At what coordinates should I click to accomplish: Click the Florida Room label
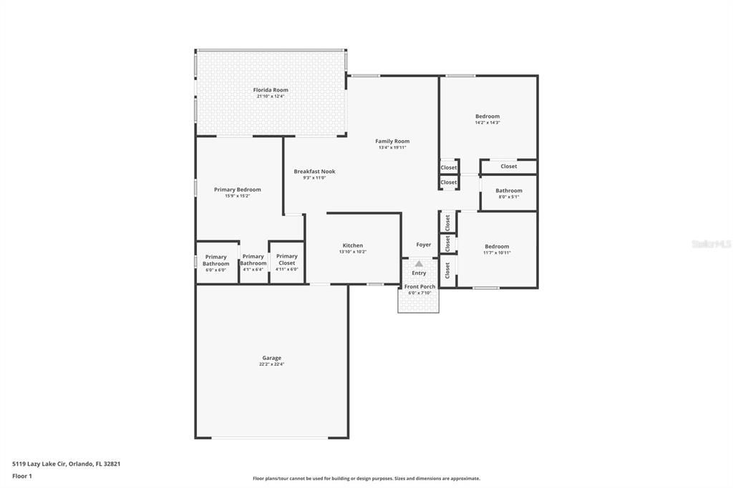tap(271, 90)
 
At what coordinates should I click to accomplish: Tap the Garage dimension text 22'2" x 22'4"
tap(271, 364)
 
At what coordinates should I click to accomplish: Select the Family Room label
tap(392, 142)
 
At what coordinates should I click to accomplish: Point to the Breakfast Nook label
tap(314, 172)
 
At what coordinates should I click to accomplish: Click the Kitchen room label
tap(352, 245)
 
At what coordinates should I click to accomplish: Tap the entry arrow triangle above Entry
tap(419, 264)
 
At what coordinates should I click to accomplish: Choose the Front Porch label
tap(419, 287)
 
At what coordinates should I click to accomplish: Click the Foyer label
tap(424, 245)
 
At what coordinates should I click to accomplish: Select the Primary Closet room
tap(287, 259)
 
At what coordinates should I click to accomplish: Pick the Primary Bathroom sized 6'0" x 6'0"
tap(215, 260)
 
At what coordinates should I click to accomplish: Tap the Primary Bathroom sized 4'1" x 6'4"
tap(253, 260)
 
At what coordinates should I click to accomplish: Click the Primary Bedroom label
tap(238, 190)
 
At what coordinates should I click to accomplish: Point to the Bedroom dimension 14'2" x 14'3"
tap(487, 122)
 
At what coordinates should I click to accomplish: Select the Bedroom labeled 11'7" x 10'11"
tap(496, 249)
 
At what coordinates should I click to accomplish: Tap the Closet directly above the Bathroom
tap(509, 167)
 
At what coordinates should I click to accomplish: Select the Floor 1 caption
tap(22, 476)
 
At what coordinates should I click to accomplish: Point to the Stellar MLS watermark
tap(711, 244)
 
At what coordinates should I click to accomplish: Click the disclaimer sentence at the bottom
tap(366, 479)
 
